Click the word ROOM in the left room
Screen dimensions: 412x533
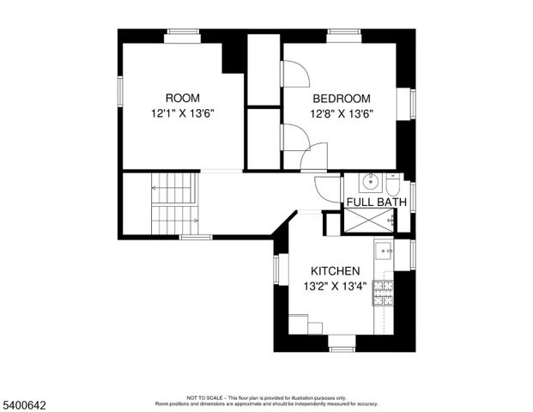(x=182, y=98)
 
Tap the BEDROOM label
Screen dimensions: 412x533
(x=341, y=98)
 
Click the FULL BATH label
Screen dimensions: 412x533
(x=376, y=203)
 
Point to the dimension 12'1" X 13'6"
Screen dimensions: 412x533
(x=182, y=112)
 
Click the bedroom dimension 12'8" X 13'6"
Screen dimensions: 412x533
(x=341, y=112)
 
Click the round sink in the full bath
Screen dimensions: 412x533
(x=371, y=183)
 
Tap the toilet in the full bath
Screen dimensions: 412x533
(x=391, y=185)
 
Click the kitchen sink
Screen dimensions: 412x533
(x=384, y=252)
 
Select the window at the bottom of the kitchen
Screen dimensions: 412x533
(x=342, y=348)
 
